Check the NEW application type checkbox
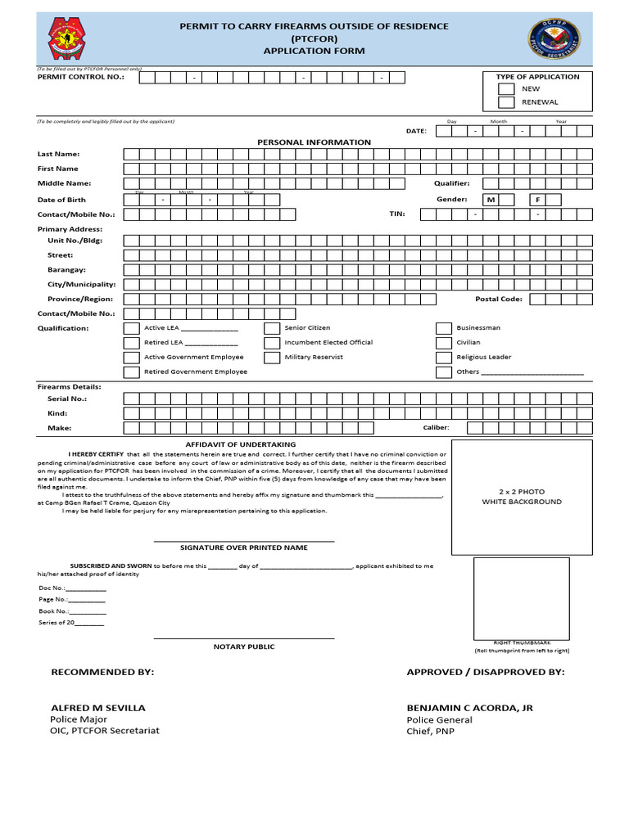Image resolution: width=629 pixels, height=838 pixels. coord(506,88)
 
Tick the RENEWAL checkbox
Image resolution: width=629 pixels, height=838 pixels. coord(506,102)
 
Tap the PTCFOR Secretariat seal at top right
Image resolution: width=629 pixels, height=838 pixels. coord(554,39)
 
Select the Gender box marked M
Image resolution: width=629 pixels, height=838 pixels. coord(491,200)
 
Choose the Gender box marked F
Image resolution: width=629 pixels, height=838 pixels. coord(538,200)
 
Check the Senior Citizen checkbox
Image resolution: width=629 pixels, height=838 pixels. coord(272,328)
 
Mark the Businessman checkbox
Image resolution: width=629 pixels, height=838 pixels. coord(443,328)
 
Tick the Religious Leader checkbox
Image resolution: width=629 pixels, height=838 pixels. coord(443,358)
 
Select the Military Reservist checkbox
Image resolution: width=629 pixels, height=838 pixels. coord(272,358)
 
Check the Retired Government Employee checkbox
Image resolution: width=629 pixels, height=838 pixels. coord(131,372)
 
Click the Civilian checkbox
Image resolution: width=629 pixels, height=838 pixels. coord(443,343)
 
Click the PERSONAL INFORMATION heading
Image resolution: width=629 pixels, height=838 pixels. coord(314,142)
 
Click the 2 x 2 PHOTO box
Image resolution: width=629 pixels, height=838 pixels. coord(523,497)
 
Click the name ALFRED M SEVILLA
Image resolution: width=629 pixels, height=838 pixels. coord(98,707)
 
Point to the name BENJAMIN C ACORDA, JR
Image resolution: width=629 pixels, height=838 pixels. coord(469,707)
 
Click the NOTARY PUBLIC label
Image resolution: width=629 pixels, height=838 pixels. coord(244,647)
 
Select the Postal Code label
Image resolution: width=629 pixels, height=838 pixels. coord(498,300)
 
